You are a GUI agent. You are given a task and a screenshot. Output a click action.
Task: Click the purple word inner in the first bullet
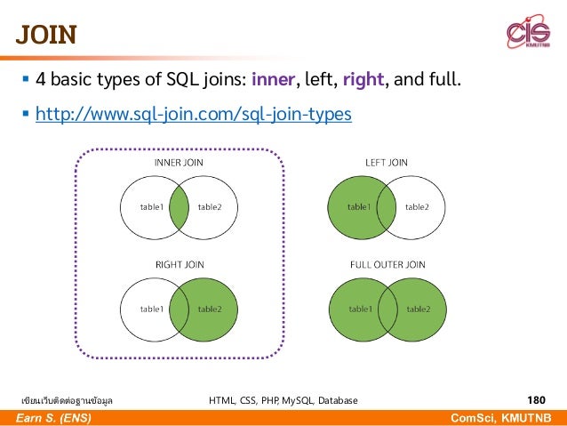tap(277, 81)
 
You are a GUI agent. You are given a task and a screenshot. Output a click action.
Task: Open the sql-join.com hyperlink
tap(193, 116)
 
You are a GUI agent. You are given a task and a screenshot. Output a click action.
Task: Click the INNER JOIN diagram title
tap(180, 163)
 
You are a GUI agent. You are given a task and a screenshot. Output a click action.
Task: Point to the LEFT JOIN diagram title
tap(387, 163)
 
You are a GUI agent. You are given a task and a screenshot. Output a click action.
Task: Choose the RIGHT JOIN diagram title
tap(180, 264)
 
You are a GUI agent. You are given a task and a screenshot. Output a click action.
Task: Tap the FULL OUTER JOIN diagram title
tap(387, 264)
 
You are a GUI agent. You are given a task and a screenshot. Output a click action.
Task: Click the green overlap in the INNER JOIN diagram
tap(180, 207)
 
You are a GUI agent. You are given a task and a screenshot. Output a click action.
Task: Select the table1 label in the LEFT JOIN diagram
tap(359, 207)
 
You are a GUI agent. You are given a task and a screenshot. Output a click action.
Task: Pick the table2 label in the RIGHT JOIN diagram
tap(211, 309)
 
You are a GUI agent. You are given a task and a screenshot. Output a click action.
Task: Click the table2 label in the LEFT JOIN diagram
tap(417, 207)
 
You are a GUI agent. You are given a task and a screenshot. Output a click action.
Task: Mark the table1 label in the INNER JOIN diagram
tap(151, 207)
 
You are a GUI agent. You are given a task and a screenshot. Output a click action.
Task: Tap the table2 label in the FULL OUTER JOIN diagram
tap(418, 309)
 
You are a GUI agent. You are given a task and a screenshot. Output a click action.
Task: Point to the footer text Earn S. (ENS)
tap(52, 418)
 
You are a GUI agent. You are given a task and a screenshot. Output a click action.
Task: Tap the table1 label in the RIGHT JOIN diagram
tap(151, 309)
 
